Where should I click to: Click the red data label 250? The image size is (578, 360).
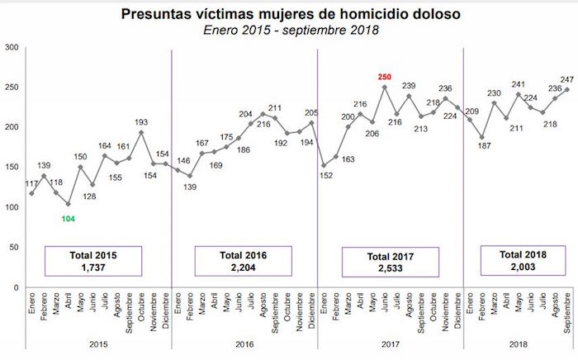coord(384,77)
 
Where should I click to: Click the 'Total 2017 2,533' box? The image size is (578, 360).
coord(391,260)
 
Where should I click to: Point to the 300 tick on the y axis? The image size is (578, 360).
coord(12,47)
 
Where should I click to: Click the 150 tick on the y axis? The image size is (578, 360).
coord(12,167)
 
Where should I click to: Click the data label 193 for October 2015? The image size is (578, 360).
coord(141,121)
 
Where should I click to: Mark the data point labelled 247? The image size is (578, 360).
coord(566,90)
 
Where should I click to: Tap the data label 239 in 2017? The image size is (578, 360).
coord(409,86)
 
